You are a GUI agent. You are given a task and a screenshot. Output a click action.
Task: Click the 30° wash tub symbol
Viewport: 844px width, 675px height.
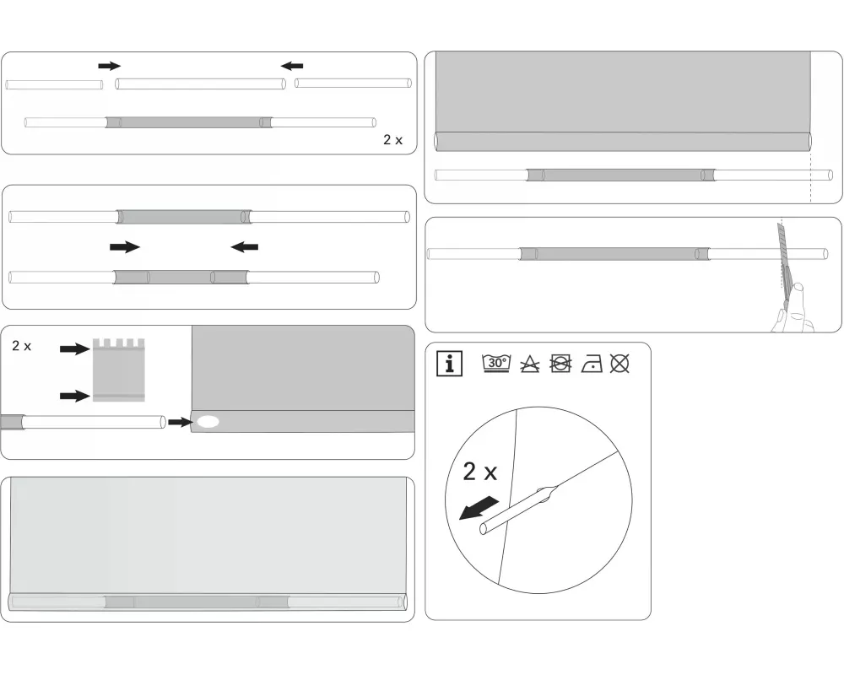point(496,364)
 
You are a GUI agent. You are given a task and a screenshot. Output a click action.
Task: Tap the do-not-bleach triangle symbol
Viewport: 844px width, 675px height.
point(530,364)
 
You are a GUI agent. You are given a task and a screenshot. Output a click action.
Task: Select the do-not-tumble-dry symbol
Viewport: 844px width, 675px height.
point(560,364)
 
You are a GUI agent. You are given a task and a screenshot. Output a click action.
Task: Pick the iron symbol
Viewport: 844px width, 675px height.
point(592,364)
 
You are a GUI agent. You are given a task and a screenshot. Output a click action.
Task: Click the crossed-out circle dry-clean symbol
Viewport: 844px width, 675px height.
point(619,364)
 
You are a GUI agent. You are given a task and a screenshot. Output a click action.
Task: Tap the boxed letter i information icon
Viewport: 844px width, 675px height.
point(450,364)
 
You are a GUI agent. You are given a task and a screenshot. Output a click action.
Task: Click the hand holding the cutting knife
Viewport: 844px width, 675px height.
point(794,309)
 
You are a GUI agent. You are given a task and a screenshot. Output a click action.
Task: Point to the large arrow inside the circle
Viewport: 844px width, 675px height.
point(478,508)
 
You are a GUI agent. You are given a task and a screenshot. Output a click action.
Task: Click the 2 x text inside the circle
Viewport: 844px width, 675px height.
point(479,472)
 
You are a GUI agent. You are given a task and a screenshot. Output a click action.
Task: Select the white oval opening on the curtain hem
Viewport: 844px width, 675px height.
point(208,422)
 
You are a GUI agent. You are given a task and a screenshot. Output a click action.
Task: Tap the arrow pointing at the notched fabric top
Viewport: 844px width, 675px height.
point(75,348)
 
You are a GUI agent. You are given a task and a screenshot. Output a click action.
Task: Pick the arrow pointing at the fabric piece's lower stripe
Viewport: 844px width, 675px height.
point(75,397)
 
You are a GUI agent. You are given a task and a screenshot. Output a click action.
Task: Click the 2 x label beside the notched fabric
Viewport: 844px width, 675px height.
point(22,346)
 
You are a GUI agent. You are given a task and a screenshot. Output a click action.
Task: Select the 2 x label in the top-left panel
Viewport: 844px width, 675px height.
point(393,140)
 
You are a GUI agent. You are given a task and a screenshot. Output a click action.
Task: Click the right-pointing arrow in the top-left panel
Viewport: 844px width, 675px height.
point(110,66)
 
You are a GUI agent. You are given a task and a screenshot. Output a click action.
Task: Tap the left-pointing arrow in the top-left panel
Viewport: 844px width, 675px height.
point(292,66)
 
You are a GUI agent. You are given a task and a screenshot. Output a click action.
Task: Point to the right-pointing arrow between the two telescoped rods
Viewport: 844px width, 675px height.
point(125,247)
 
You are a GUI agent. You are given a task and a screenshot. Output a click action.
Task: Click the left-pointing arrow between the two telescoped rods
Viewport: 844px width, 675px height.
point(245,247)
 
